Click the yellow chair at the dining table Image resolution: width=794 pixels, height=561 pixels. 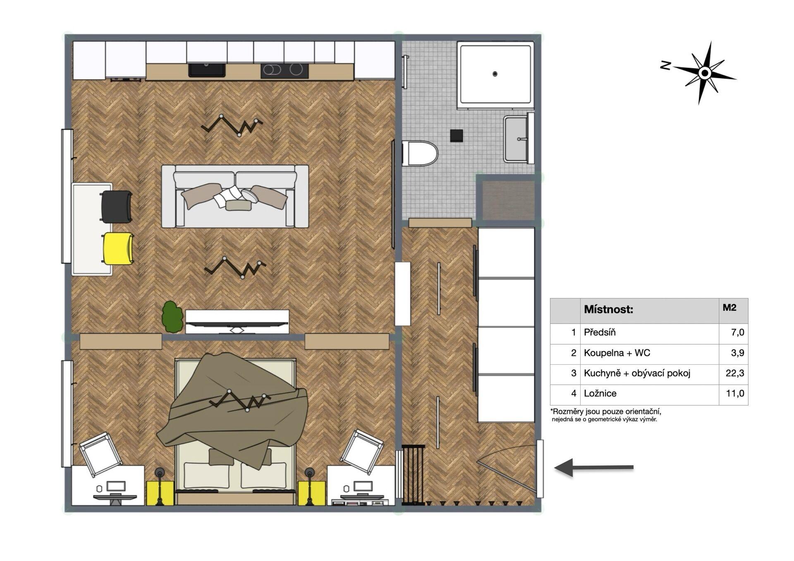point(118,248)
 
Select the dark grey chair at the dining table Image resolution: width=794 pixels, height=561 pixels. point(117,207)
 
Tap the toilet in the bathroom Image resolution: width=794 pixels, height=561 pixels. point(420,153)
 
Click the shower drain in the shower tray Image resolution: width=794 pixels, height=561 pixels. point(495,74)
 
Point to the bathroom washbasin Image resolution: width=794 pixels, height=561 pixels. point(517,139)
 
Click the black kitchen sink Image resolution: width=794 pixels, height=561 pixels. point(207,70)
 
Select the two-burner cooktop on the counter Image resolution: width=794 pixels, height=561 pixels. point(285,71)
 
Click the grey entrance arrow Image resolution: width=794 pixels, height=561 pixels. point(594,468)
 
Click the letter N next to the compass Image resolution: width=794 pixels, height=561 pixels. point(665,65)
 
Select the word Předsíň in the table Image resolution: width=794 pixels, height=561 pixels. point(600,332)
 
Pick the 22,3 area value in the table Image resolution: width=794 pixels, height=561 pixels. point(735,373)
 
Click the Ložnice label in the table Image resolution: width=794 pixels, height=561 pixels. point(600,394)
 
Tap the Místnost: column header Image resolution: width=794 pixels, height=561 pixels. point(608,309)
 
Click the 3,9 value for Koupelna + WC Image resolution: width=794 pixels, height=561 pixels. point(738,353)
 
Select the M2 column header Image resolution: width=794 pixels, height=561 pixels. point(729,308)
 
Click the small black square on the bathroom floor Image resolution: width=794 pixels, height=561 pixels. point(457,136)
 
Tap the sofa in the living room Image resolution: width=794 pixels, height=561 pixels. point(235,196)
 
